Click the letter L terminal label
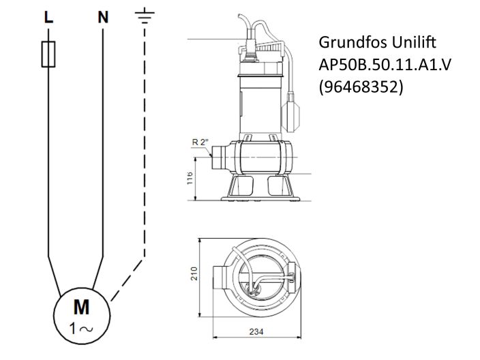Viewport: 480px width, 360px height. click(x=48, y=17)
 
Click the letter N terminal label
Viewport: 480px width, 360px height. click(x=103, y=17)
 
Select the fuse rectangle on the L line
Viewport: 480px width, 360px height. click(x=48, y=55)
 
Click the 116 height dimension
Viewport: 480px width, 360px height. click(x=191, y=178)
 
